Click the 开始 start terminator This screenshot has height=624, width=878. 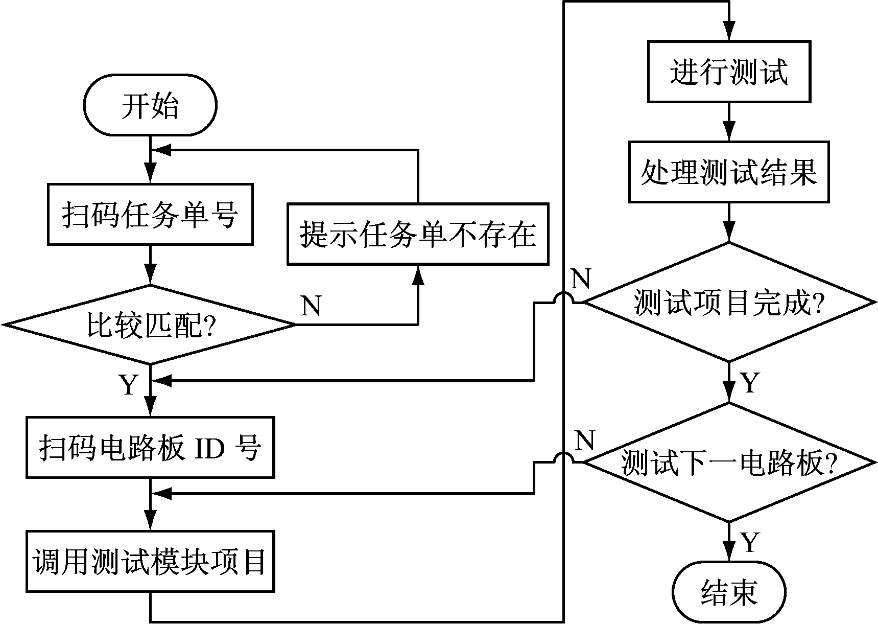click(x=150, y=105)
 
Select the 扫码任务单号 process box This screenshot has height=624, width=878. click(x=150, y=215)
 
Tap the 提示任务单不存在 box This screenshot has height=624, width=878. click(x=417, y=234)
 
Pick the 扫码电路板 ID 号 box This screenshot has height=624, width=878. click(x=150, y=447)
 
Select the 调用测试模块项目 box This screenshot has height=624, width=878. click(x=150, y=562)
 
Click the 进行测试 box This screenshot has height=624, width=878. click(x=728, y=72)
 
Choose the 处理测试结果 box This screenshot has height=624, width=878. click(x=728, y=172)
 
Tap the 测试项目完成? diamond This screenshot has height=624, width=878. click(x=729, y=303)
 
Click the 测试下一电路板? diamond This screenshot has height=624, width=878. click(x=729, y=463)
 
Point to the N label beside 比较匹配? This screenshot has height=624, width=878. click(x=311, y=306)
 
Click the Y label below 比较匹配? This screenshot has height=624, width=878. click(x=129, y=384)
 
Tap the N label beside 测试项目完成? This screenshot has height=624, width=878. click(x=581, y=279)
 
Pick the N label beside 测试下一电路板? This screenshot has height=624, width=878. click(x=585, y=440)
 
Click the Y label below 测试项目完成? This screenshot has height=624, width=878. click(x=749, y=382)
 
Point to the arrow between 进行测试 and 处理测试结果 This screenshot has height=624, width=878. click(x=729, y=123)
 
